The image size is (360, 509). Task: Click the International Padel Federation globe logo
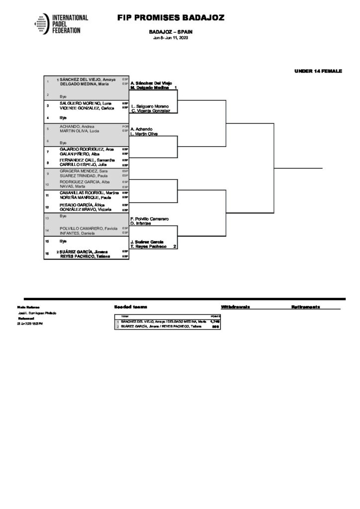click(x=42, y=23)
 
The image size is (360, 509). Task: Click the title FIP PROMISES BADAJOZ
click(x=171, y=18)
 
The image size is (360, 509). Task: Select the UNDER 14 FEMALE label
click(x=318, y=72)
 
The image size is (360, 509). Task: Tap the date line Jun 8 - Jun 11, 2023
click(x=171, y=38)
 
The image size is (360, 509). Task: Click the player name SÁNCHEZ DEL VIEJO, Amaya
click(x=88, y=80)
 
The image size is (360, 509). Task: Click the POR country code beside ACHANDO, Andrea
click(x=125, y=126)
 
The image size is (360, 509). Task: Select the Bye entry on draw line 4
click(x=63, y=118)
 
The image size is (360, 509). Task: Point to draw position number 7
click(x=48, y=151)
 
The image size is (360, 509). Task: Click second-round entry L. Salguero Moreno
click(x=150, y=106)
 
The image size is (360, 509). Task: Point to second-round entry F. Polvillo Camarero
click(x=150, y=219)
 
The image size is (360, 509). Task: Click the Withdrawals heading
click(x=235, y=307)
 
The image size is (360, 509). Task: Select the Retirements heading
click(x=305, y=307)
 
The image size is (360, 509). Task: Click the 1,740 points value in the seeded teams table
click(x=215, y=322)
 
